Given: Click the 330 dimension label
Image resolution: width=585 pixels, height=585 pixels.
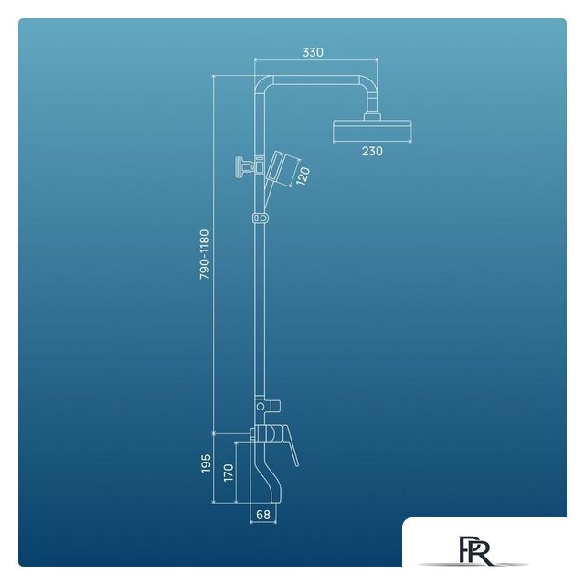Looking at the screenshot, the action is (x=313, y=52).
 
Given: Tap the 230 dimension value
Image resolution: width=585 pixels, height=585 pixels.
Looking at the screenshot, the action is (x=372, y=151).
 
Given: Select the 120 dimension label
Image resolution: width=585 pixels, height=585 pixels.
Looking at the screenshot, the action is (x=303, y=176).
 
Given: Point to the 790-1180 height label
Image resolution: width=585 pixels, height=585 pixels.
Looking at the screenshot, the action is (x=205, y=254).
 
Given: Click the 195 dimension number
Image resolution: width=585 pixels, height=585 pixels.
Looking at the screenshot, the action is (x=206, y=463).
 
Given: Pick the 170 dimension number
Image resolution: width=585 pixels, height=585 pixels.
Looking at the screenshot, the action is (x=228, y=473).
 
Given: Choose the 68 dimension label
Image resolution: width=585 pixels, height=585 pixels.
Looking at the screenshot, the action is (x=263, y=515).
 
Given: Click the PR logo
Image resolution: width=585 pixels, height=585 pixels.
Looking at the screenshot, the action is (x=474, y=550).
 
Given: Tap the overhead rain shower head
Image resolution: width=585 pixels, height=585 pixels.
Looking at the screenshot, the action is (x=372, y=131).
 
